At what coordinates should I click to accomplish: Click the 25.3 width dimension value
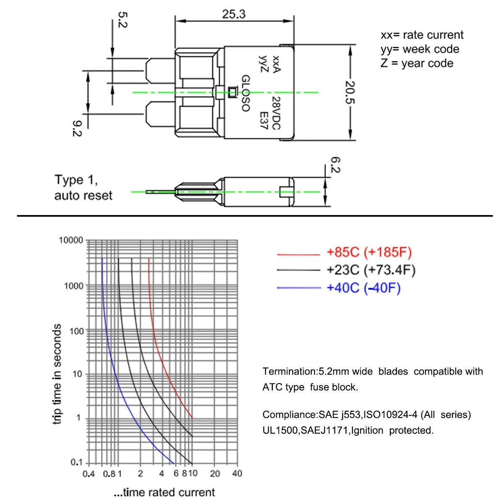234,14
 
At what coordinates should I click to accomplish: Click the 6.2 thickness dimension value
335,165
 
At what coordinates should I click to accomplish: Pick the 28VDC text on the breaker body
275,113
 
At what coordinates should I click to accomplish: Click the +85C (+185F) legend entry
369,252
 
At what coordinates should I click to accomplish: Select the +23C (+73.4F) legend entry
371,270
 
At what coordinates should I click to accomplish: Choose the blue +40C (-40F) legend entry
363,288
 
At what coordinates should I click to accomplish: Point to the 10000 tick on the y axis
71,240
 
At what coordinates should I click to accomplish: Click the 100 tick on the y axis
76,331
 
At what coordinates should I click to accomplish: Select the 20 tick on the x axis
215,474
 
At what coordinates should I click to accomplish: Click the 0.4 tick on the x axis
89,474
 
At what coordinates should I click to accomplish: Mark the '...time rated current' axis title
164,492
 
